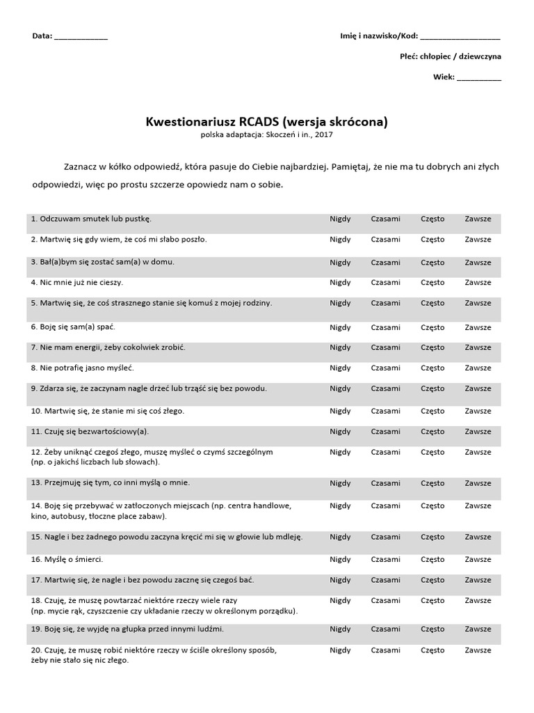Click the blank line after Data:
81,38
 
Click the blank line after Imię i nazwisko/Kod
460,38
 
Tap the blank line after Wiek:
479,77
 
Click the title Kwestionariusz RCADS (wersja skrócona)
266,122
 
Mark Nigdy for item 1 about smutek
340,219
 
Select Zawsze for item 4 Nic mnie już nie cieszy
478,283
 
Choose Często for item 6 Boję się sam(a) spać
432,327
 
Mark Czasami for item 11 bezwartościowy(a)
385,431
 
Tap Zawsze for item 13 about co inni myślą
478,483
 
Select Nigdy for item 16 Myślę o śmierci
340,559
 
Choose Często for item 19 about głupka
432,629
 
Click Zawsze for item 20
478,650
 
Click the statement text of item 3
102,263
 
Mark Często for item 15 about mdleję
432,537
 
